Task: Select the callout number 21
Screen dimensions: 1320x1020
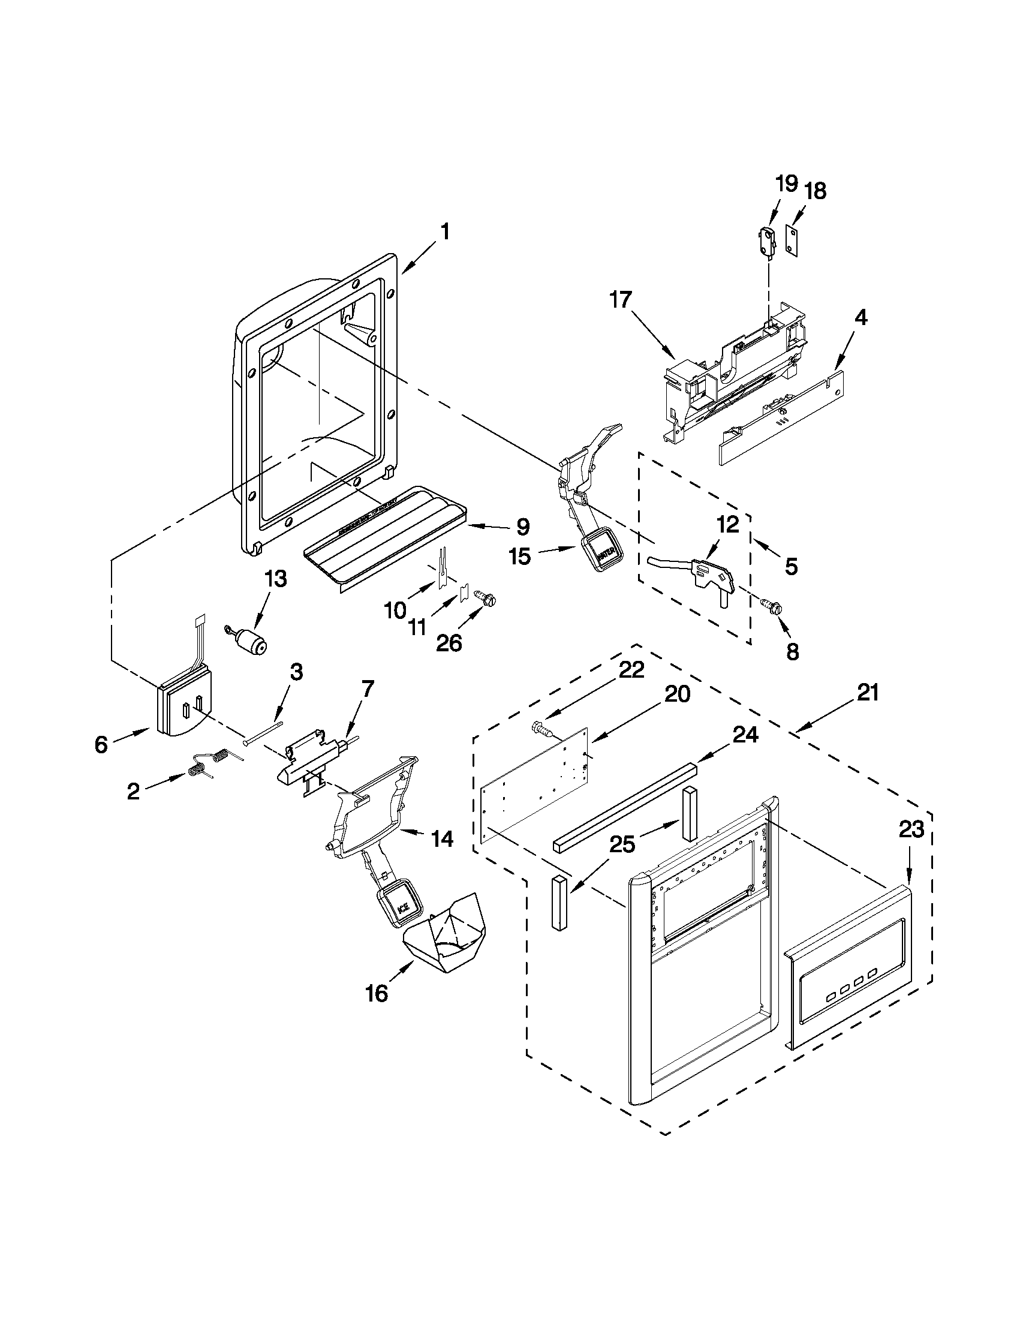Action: click(867, 692)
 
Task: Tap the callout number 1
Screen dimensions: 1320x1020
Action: click(444, 232)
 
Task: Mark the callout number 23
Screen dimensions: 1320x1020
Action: click(911, 830)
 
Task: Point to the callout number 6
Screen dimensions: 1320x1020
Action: click(101, 745)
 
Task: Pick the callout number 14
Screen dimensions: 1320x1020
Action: click(443, 839)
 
